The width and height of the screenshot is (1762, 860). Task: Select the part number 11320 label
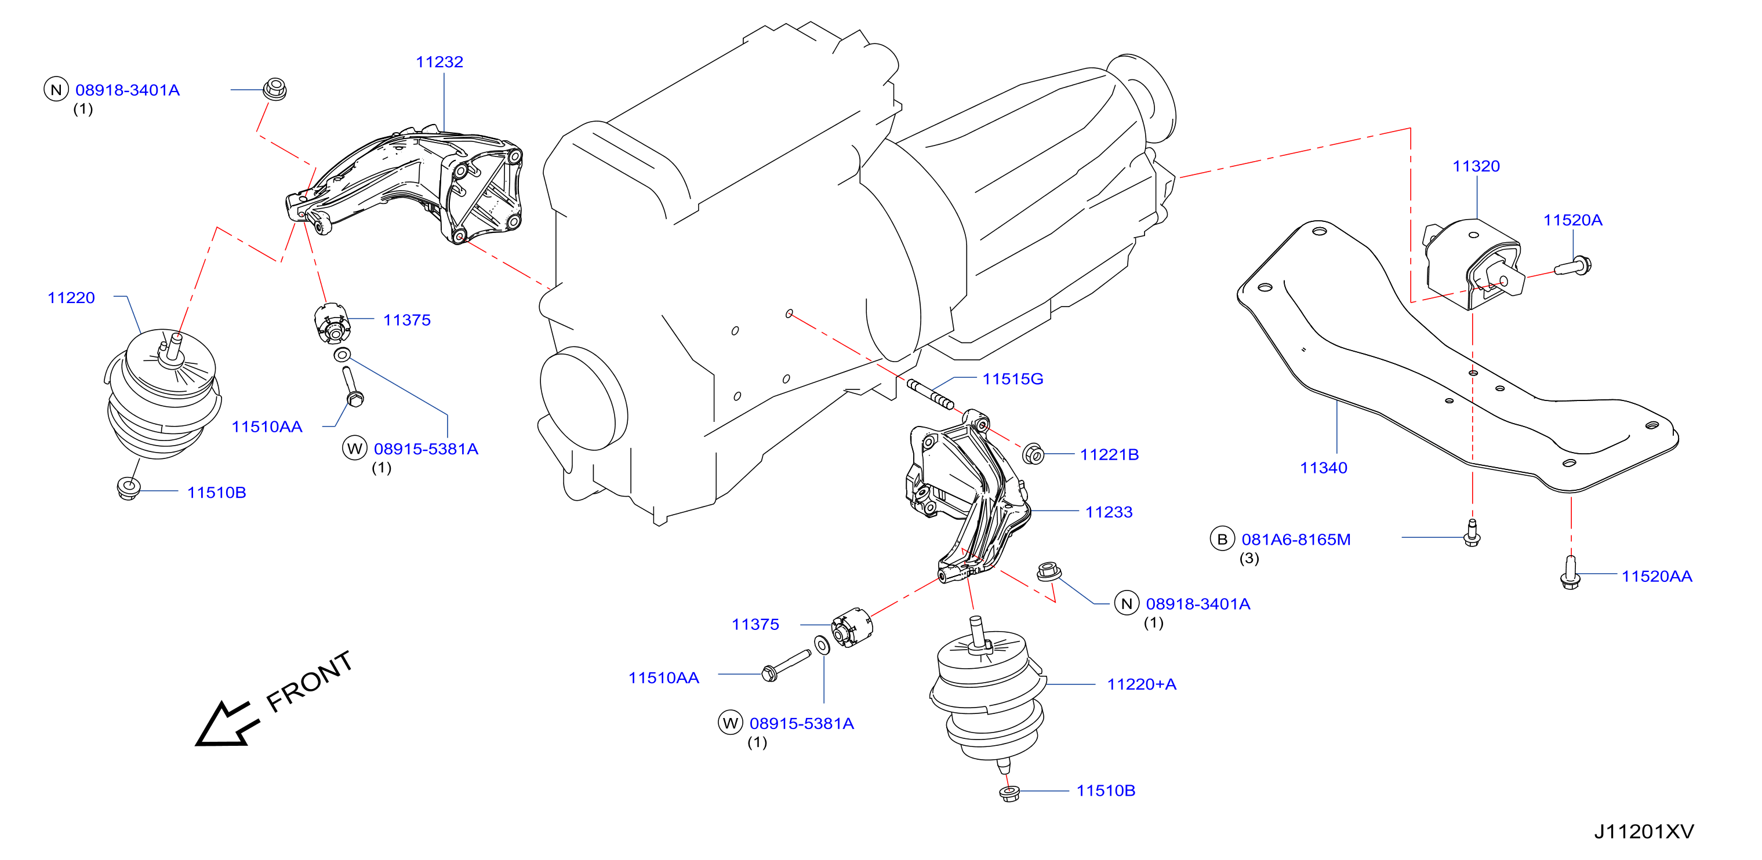coord(1476,166)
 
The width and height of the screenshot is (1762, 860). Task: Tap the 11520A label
coord(1572,220)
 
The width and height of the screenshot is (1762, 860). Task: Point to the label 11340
coord(1323,468)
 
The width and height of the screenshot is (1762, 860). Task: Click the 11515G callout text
coord(1012,379)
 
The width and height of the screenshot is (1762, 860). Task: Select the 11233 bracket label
coord(1108,512)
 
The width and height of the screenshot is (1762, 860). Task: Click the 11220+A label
coord(1141,684)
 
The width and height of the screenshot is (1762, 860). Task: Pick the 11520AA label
coord(1656,576)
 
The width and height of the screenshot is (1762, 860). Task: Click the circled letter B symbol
coord(1222,540)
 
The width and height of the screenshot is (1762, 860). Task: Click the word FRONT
coord(309,682)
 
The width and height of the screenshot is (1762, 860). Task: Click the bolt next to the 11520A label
coord(1572,266)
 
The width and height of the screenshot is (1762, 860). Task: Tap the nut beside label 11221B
coord(1033,453)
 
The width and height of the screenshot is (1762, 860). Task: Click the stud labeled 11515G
coord(930,395)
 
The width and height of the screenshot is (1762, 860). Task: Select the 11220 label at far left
coord(71,298)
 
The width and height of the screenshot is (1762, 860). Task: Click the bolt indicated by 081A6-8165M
coord(1472,533)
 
